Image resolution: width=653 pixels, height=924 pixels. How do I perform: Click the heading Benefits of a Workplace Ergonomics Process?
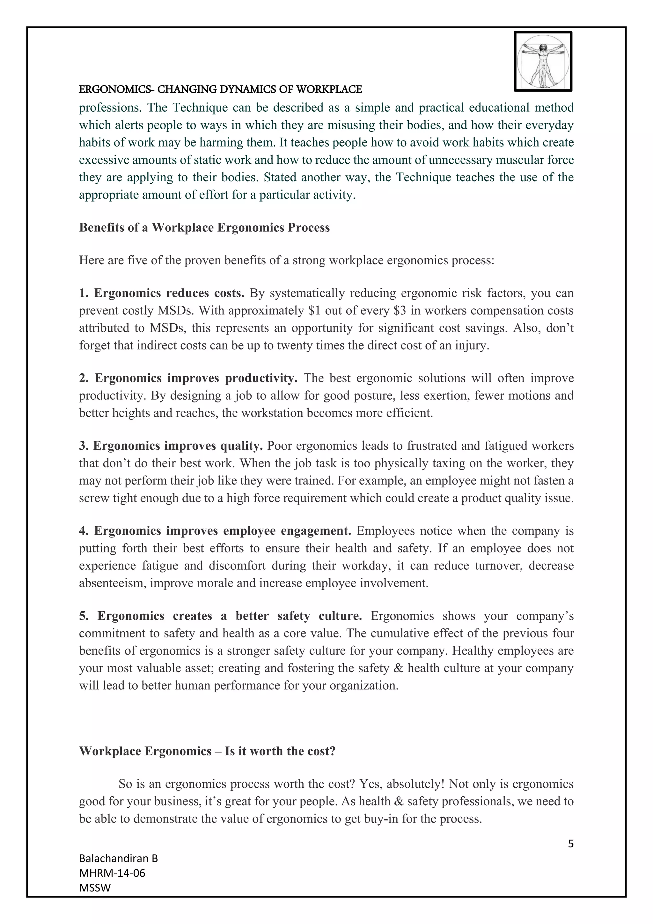(x=204, y=228)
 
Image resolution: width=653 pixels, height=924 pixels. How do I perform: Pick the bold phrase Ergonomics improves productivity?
(x=196, y=378)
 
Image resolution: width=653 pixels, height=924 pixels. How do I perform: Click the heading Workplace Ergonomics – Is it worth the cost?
(x=207, y=751)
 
